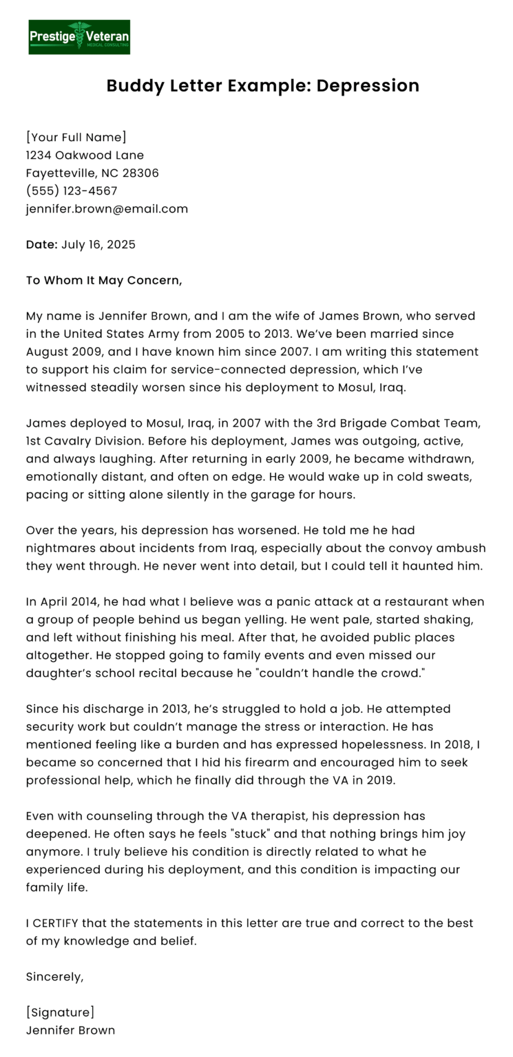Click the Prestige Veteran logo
point(79,36)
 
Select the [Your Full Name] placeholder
point(76,137)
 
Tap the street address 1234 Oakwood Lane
point(85,155)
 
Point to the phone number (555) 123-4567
point(72,191)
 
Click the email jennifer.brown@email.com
point(107,209)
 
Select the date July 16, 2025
point(98,244)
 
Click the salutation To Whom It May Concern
point(104,280)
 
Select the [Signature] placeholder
point(60,1012)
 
